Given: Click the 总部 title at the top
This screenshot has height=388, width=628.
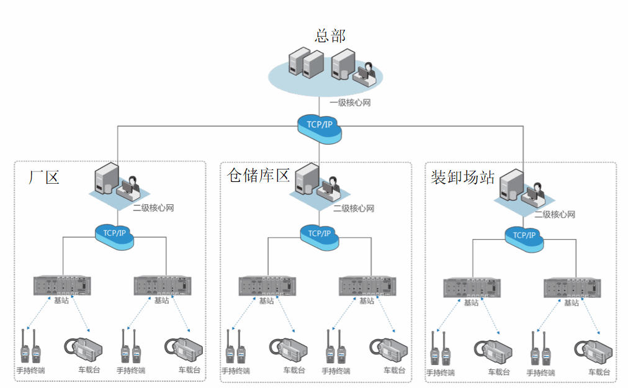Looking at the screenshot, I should [330, 35].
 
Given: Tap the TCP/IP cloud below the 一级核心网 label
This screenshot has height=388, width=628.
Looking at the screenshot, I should [319, 125].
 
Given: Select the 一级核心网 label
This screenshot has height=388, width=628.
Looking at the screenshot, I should [350, 103].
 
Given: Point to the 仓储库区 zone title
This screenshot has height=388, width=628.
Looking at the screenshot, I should [258, 174].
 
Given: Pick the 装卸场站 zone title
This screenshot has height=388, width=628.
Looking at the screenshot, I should [462, 177].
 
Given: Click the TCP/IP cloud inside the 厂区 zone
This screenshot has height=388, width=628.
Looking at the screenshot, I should [115, 233].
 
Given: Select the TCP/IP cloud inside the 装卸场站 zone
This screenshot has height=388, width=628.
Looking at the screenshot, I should [524, 235].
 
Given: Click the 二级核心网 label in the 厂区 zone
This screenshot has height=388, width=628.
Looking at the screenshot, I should [153, 208].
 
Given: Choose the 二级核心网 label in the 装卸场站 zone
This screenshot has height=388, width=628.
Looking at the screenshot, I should [555, 215].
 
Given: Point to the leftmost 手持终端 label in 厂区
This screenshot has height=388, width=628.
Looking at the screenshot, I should [30, 371].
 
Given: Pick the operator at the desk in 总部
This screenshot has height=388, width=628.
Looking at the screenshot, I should [365, 73].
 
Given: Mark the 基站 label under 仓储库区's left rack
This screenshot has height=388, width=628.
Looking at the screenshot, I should [266, 301].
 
